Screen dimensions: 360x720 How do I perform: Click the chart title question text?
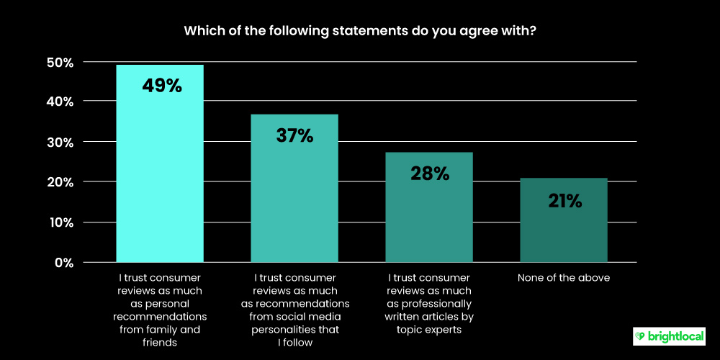[359, 31]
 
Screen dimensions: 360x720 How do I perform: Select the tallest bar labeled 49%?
[160, 180]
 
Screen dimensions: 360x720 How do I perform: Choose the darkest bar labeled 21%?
[564, 230]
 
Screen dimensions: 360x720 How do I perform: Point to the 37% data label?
[294, 135]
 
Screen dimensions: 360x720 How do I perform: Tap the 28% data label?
[429, 173]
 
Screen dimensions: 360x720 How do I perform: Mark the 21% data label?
[564, 201]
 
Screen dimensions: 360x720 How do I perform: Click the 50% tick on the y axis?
[58, 63]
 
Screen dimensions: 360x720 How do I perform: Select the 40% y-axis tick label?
[58, 102]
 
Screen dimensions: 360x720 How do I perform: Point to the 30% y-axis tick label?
[58, 143]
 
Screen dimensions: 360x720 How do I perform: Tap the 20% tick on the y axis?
[58, 182]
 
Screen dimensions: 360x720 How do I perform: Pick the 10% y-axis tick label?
[58, 222]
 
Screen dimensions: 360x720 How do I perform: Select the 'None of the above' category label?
[564, 278]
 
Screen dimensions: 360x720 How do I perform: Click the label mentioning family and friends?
[160, 310]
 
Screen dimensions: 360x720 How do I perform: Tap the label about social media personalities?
[294, 310]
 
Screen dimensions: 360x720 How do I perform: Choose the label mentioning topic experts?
[429, 304]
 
